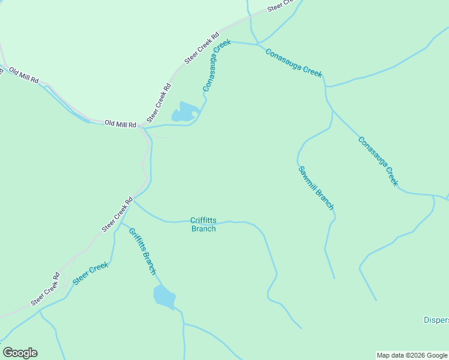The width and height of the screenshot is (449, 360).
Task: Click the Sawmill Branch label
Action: coord(316,187)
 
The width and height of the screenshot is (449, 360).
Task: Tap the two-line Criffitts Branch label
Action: coord(203,224)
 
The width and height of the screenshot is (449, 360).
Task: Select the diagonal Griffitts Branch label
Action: coord(143,251)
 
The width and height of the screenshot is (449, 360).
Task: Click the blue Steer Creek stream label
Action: coord(90,273)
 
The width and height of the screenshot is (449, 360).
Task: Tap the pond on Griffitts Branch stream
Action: coord(164,296)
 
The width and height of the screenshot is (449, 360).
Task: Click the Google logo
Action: coord(20,353)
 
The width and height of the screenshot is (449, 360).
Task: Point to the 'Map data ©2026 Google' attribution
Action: coord(412,355)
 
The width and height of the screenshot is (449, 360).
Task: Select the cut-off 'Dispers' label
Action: coord(436,320)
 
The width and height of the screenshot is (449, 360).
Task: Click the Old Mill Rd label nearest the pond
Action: coord(120,124)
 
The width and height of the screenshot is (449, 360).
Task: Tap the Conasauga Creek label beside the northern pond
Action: coord(217,65)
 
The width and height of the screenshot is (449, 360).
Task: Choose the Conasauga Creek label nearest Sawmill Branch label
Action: coord(378,161)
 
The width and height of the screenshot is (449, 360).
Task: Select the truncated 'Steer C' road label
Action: coord(282,5)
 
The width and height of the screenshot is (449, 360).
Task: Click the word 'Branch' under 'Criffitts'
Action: coord(203,229)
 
